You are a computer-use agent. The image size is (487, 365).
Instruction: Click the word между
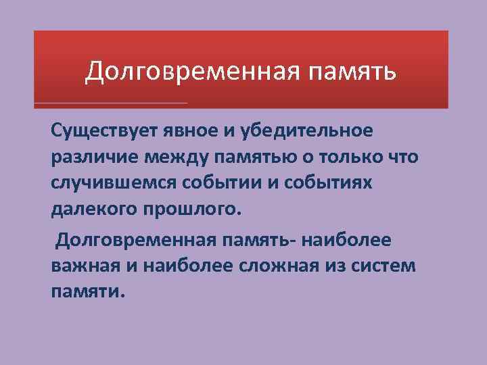175,157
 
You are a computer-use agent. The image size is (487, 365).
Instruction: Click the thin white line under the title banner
111,103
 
